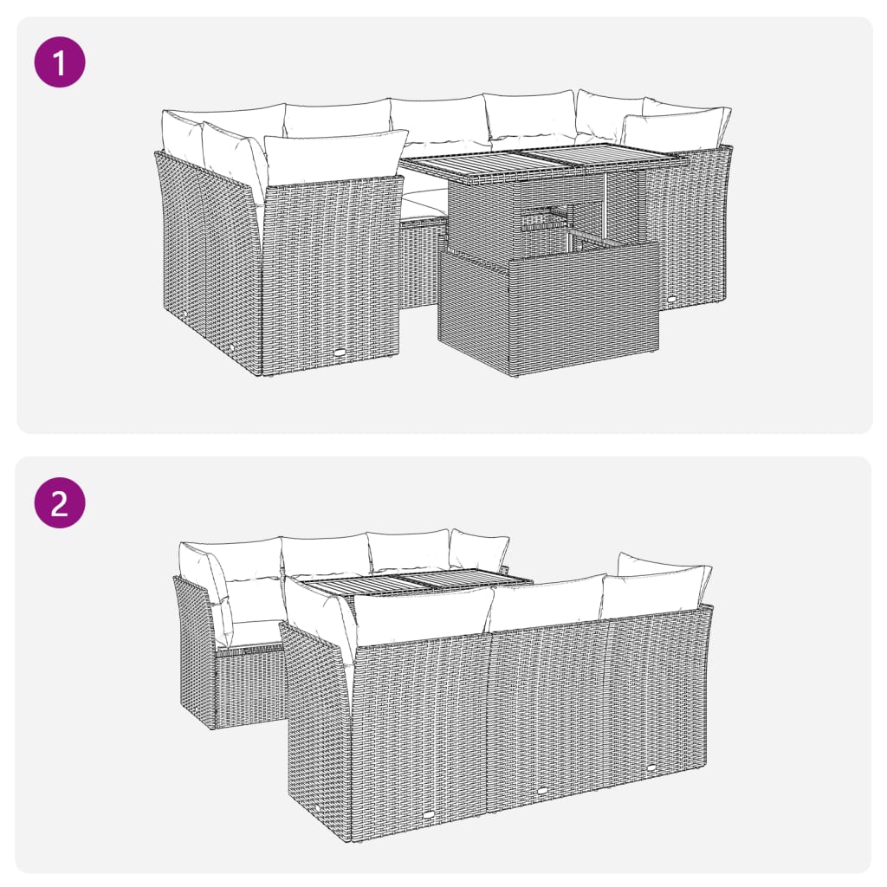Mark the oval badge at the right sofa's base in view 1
click(x=674, y=298)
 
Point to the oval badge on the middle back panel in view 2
click(x=541, y=791)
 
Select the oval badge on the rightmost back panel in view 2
click(x=651, y=766)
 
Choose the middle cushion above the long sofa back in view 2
click(x=546, y=603)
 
